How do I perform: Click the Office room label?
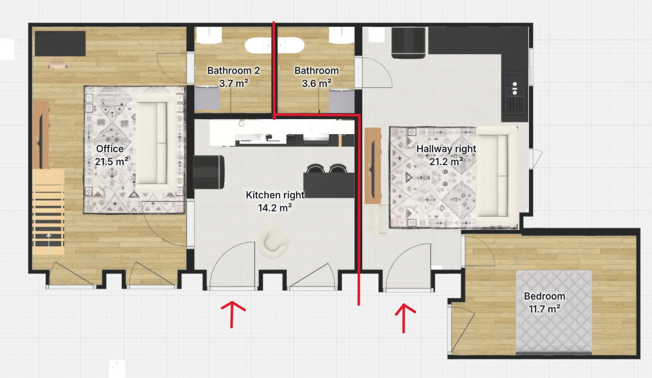pyautogui.click(x=110, y=149)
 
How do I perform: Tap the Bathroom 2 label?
pyautogui.click(x=233, y=71)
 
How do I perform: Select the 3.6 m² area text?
pyautogui.click(x=316, y=84)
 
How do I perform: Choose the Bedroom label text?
pyautogui.click(x=544, y=296)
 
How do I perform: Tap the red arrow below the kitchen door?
pyautogui.click(x=232, y=314)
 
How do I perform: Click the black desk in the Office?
pyautogui.click(x=60, y=44)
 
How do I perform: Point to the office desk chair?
pyautogui.click(x=58, y=63)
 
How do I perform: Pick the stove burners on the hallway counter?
pyautogui.click(x=515, y=88)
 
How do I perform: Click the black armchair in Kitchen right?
pyautogui.click(x=209, y=172)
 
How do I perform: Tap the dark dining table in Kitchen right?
pyautogui.click(x=329, y=186)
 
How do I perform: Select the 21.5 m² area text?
pyautogui.click(x=112, y=161)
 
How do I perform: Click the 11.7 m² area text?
pyautogui.click(x=544, y=309)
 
